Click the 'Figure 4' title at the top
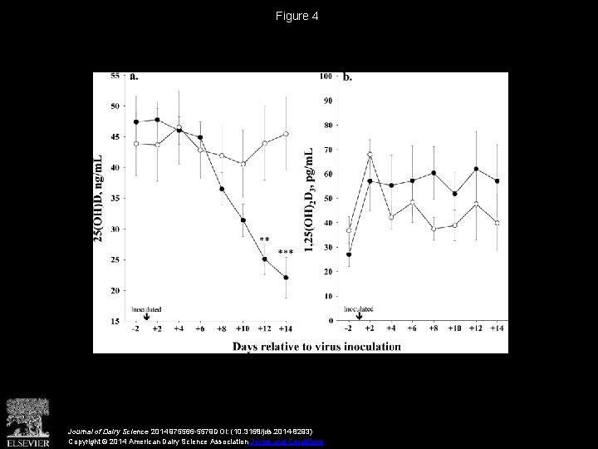pyautogui.click(x=299, y=16)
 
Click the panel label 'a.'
pyautogui.click(x=135, y=77)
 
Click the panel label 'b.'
pyautogui.click(x=346, y=77)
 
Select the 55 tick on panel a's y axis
pyautogui.click(x=115, y=76)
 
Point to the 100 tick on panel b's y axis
pyautogui.click(x=326, y=76)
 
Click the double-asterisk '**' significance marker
pyautogui.click(x=264, y=240)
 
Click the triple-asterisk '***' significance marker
pyautogui.click(x=285, y=253)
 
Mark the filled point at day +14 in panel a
pyautogui.click(x=286, y=278)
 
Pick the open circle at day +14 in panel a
pyautogui.click(x=286, y=134)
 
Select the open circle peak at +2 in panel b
pyautogui.click(x=369, y=155)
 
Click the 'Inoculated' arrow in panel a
pyautogui.click(x=147, y=315)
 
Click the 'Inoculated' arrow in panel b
pyautogui.click(x=359, y=315)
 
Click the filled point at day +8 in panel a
pyautogui.click(x=222, y=189)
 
